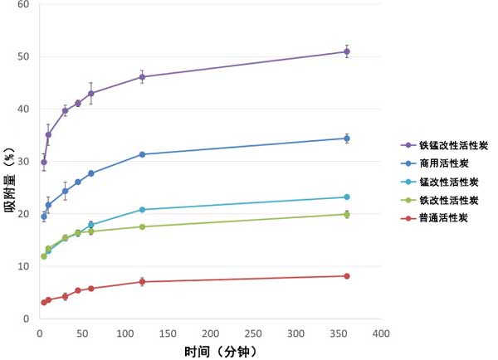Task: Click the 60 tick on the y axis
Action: tap(23, 4)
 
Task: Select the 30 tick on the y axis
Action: tap(23, 161)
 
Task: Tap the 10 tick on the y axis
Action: tap(23, 266)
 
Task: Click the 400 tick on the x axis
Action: tap(381, 333)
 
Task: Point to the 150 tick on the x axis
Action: tap(168, 333)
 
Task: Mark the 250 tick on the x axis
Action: tap(253, 333)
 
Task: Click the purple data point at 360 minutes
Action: tap(347, 51)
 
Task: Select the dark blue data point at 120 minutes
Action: tap(142, 154)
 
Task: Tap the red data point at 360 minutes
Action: tap(347, 276)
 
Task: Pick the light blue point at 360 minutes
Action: tap(347, 197)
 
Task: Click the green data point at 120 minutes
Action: tap(142, 226)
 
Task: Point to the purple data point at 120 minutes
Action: tap(142, 77)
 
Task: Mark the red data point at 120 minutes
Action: tap(142, 282)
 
